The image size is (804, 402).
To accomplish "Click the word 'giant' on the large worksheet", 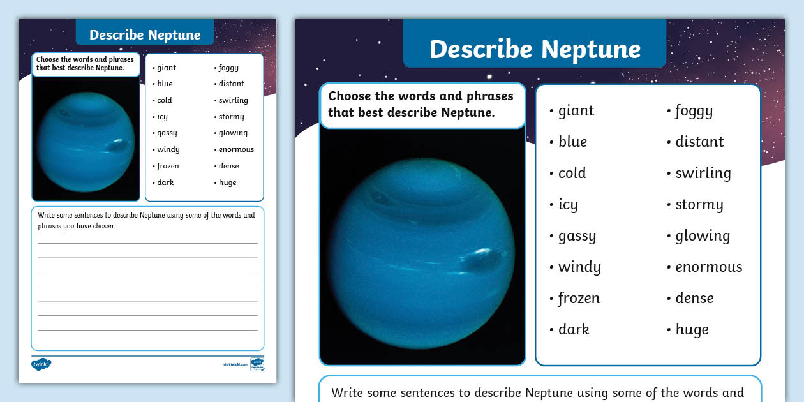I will click(576, 111).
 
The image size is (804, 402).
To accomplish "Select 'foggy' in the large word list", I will click(694, 111).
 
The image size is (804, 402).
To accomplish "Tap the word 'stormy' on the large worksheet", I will click(699, 205).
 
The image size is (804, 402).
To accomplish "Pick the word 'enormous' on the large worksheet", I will click(708, 267).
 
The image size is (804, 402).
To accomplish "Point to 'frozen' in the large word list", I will click(579, 298).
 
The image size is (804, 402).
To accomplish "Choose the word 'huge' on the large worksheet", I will click(692, 329).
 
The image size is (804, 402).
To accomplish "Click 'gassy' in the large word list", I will click(577, 236).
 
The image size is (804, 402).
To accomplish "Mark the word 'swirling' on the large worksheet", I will click(703, 174).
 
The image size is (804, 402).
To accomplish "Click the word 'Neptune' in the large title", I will click(591, 49).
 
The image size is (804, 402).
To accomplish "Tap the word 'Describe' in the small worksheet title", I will click(115, 35).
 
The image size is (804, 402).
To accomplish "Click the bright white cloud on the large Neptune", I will click(483, 251).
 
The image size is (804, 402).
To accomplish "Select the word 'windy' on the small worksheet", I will click(168, 149).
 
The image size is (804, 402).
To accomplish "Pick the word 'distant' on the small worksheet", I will click(231, 84).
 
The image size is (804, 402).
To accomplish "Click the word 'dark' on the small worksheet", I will click(165, 182).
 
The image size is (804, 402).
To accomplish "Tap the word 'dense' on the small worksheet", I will click(228, 166).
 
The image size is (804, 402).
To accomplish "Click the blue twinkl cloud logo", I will click(41, 364).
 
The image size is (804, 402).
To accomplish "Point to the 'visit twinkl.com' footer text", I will click(235, 364).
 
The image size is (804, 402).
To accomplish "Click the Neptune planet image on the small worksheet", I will click(85, 141).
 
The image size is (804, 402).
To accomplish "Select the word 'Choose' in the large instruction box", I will click(348, 96).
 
